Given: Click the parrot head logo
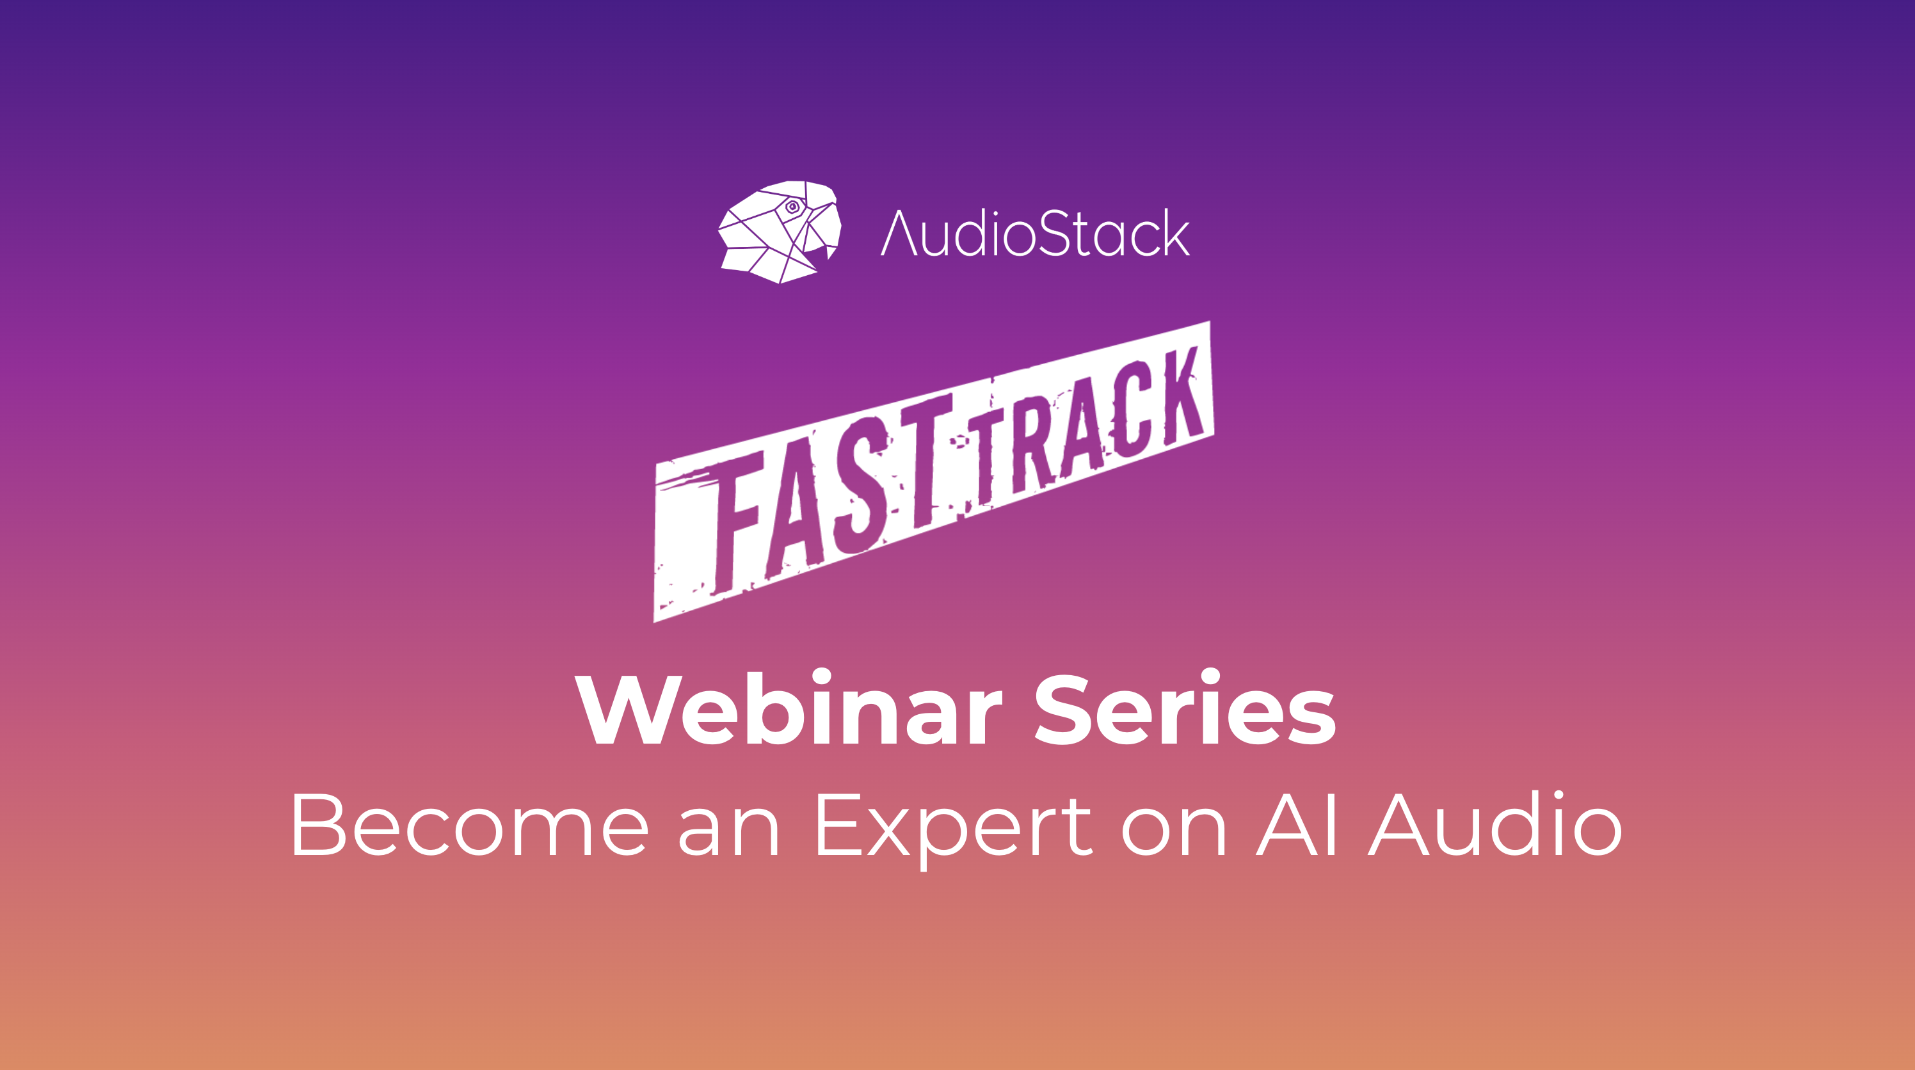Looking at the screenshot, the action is coord(779,232).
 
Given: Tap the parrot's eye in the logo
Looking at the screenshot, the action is coord(792,207).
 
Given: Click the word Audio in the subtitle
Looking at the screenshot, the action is coord(1496,824).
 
